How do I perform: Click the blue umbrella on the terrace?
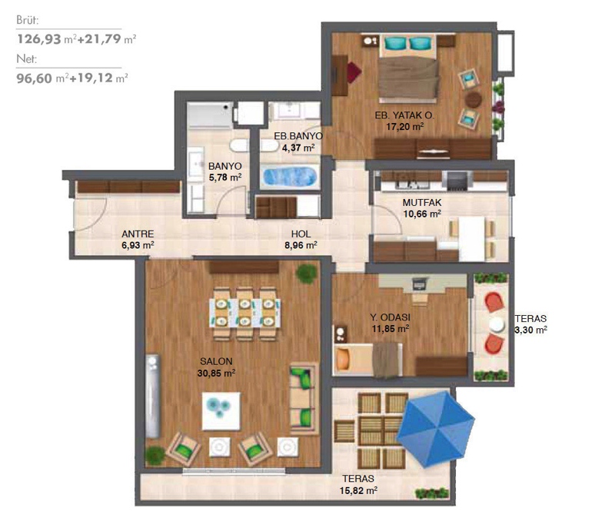point(435,429)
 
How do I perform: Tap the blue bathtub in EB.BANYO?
point(290,177)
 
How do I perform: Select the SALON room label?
point(216,361)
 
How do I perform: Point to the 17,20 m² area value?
point(405,127)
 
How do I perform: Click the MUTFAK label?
point(421,203)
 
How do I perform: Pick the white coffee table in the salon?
point(221,411)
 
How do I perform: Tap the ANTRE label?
point(138,234)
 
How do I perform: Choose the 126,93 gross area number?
point(39,39)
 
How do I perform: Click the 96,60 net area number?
point(34,78)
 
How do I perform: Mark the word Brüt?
point(28,20)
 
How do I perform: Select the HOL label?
point(301,234)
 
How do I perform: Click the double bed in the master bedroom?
point(408,67)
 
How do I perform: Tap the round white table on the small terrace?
point(497,324)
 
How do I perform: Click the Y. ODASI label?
point(391,317)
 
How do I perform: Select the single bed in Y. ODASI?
point(368,360)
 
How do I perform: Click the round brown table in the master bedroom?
point(474,99)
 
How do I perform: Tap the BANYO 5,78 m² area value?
point(225,178)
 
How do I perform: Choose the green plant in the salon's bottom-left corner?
point(155,456)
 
